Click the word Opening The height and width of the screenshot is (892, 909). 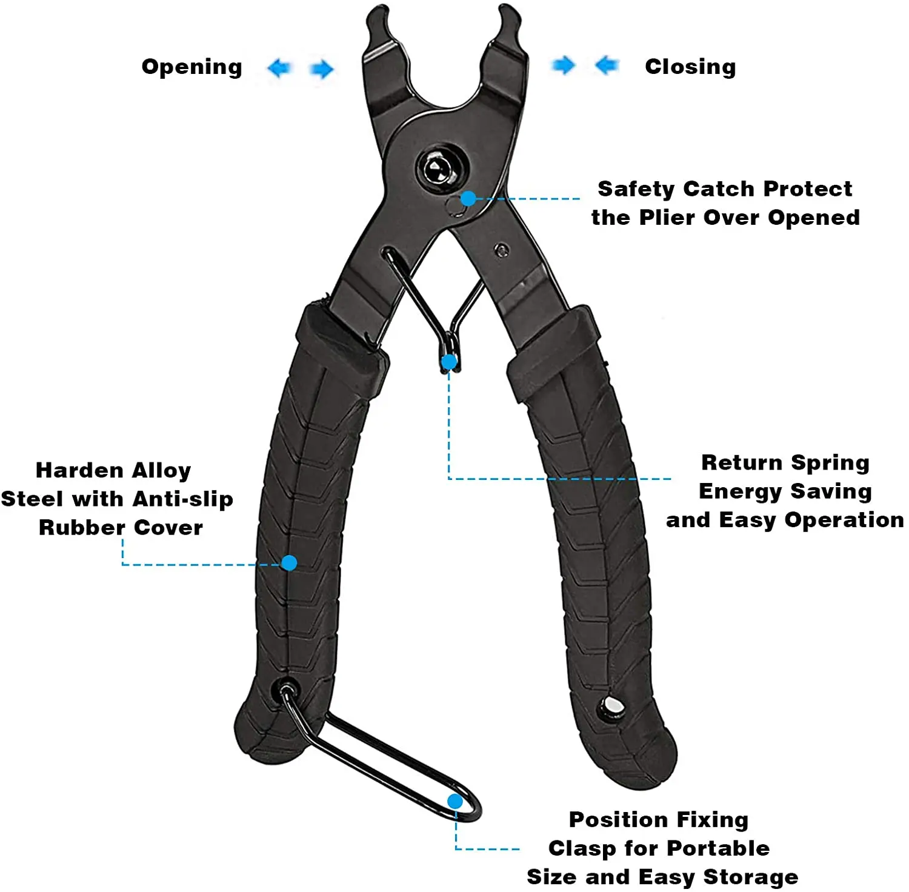[191, 67]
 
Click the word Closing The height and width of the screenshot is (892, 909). [690, 67]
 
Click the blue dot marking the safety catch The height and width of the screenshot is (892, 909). [468, 198]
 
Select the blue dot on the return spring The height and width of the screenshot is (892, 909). [449, 362]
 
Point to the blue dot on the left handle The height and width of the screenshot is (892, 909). [290, 563]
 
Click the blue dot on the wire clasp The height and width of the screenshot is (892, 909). [455, 802]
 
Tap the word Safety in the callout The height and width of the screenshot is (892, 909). [636, 189]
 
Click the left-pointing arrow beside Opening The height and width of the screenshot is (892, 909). [279, 68]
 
